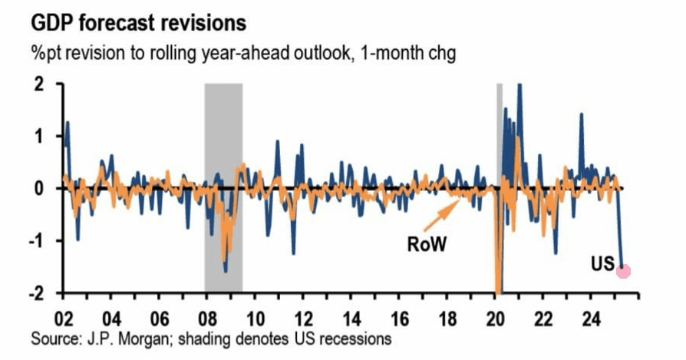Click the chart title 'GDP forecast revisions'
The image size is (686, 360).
(139, 22)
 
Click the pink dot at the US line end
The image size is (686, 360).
(624, 270)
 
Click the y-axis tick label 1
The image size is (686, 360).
(41, 136)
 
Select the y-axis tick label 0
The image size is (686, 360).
(41, 189)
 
